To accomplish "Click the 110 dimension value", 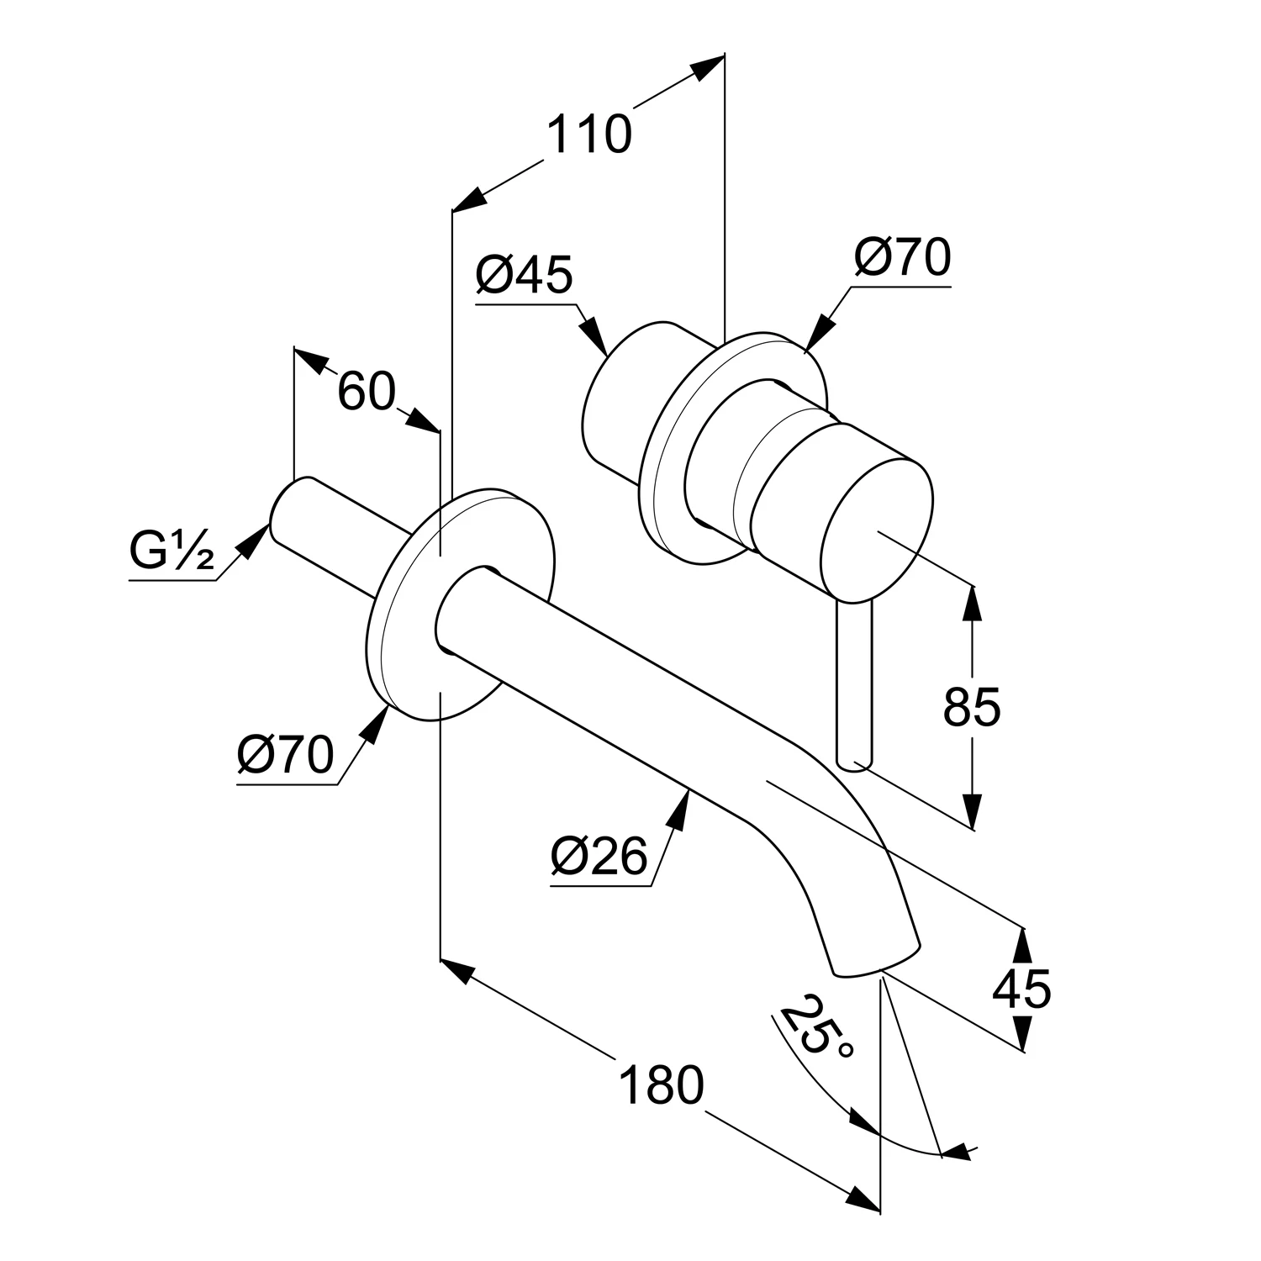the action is [588, 135].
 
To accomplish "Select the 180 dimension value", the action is [661, 1084].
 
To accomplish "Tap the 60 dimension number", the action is [367, 391].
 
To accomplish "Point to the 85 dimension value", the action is [972, 707].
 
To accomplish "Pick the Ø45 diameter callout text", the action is [524, 275].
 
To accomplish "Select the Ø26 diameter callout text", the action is [600, 857].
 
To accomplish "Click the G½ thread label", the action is [171, 551].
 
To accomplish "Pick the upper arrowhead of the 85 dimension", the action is [973, 603].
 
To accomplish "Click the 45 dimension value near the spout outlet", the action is [1021, 989].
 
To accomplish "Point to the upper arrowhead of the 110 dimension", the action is [709, 66].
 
